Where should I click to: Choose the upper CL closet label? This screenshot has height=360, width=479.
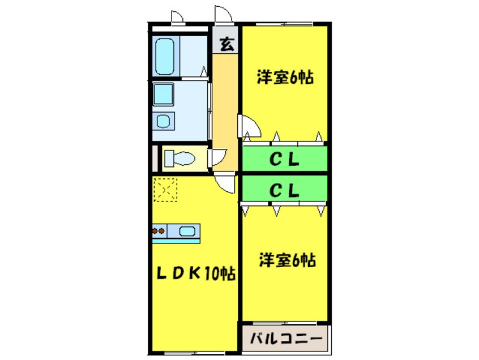(x=284, y=160)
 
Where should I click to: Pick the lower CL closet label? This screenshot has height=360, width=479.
(x=284, y=191)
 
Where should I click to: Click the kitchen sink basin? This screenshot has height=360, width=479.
(x=187, y=230)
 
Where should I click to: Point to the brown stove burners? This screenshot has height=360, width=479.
(x=159, y=231)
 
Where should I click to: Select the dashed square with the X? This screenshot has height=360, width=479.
(x=165, y=189)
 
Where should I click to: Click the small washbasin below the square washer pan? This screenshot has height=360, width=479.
(x=165, y=121)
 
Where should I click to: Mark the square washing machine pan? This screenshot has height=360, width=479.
(x=165, y=93)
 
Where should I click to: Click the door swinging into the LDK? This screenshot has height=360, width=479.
(x=225, y=183)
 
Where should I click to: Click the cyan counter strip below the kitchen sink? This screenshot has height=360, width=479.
(x=176, y=240)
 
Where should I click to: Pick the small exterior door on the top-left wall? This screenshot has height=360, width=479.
(x=177, y=18)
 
